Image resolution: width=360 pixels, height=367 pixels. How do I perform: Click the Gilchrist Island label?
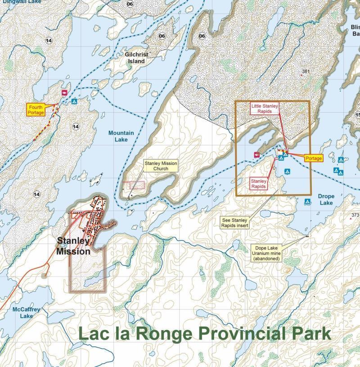click(x=136, y=58)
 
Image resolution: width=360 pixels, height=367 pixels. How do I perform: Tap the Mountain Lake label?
click(x=121, y=136)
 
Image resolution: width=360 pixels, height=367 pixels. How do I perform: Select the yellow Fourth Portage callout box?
click(x=36, y=110)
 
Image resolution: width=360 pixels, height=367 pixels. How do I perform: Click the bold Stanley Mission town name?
click(x=73, y=246)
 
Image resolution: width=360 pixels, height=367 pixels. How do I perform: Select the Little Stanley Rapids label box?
click(x=265, y=109)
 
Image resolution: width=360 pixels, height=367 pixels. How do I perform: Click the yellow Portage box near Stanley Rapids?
click(x=314, y=159)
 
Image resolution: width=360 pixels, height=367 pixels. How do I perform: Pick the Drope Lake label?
click(x=326, y=199)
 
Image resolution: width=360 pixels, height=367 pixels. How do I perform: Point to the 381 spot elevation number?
click(x=306, y=72)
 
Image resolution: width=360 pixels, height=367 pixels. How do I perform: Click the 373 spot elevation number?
click(x=355, y=215)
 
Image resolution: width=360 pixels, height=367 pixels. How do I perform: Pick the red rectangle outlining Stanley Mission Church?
click(x=135, y=185)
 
